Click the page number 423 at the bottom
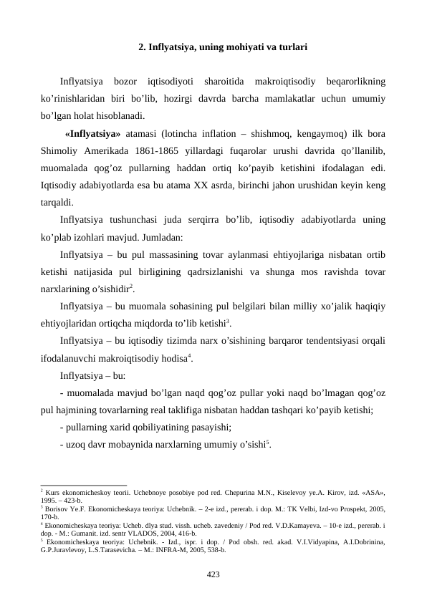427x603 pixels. [213, 574]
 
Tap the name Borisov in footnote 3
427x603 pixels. [57, 508]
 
